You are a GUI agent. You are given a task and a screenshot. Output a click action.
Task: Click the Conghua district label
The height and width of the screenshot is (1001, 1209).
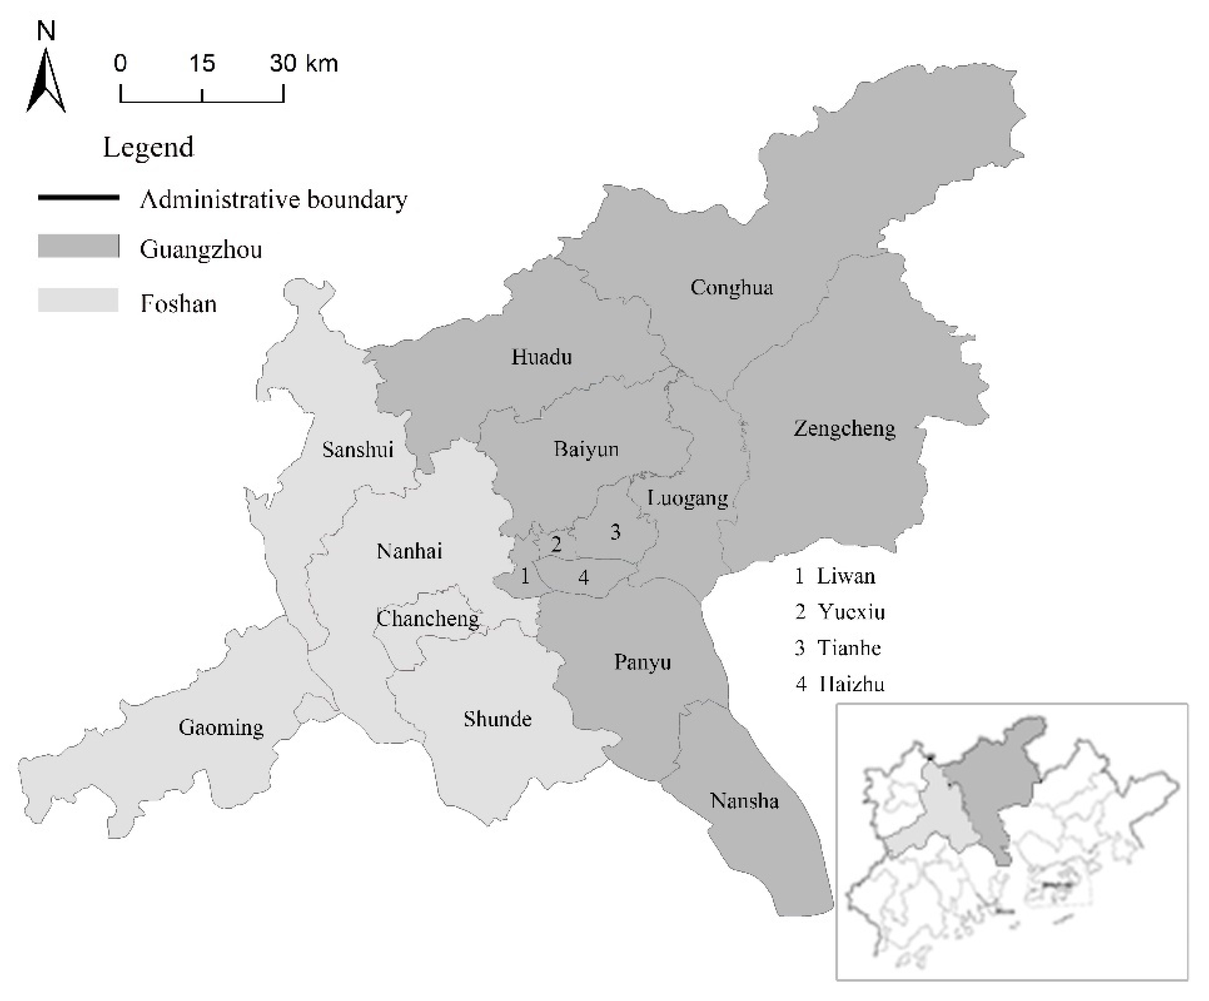[731, 287]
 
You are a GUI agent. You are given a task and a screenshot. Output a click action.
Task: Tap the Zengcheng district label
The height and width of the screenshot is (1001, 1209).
[844, 429]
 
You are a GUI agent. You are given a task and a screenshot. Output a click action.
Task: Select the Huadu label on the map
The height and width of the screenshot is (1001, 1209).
[541, 357]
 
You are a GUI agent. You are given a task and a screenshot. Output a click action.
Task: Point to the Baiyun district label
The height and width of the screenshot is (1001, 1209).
[586, 449]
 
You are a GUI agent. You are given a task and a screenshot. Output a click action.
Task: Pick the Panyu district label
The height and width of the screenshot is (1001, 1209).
[642, 662]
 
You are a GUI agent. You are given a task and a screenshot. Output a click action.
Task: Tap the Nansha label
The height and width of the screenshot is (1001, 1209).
[744, 801]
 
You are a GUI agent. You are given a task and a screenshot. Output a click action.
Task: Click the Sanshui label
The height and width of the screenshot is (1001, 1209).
[358, 450]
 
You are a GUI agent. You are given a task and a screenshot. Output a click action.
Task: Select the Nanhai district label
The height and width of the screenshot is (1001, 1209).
[409, 551]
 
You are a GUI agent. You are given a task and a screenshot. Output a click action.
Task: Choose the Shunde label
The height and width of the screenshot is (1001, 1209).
[497, 719]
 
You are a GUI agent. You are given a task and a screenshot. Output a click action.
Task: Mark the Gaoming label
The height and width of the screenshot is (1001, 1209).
[221, 728]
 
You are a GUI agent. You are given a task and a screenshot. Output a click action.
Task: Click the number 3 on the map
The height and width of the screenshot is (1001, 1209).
[615, 532]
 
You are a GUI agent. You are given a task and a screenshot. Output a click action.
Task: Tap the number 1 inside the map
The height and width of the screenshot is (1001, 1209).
[524, 576]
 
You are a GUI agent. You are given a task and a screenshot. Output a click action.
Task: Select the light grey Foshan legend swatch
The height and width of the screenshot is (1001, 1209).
[79, 300]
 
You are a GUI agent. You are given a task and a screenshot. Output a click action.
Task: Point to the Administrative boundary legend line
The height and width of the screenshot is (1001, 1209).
[79, 197]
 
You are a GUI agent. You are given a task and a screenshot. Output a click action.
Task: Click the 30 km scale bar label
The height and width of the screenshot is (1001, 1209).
[304, 63]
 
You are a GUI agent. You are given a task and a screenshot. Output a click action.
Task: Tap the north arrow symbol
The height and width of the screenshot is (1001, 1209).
[46, 81]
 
